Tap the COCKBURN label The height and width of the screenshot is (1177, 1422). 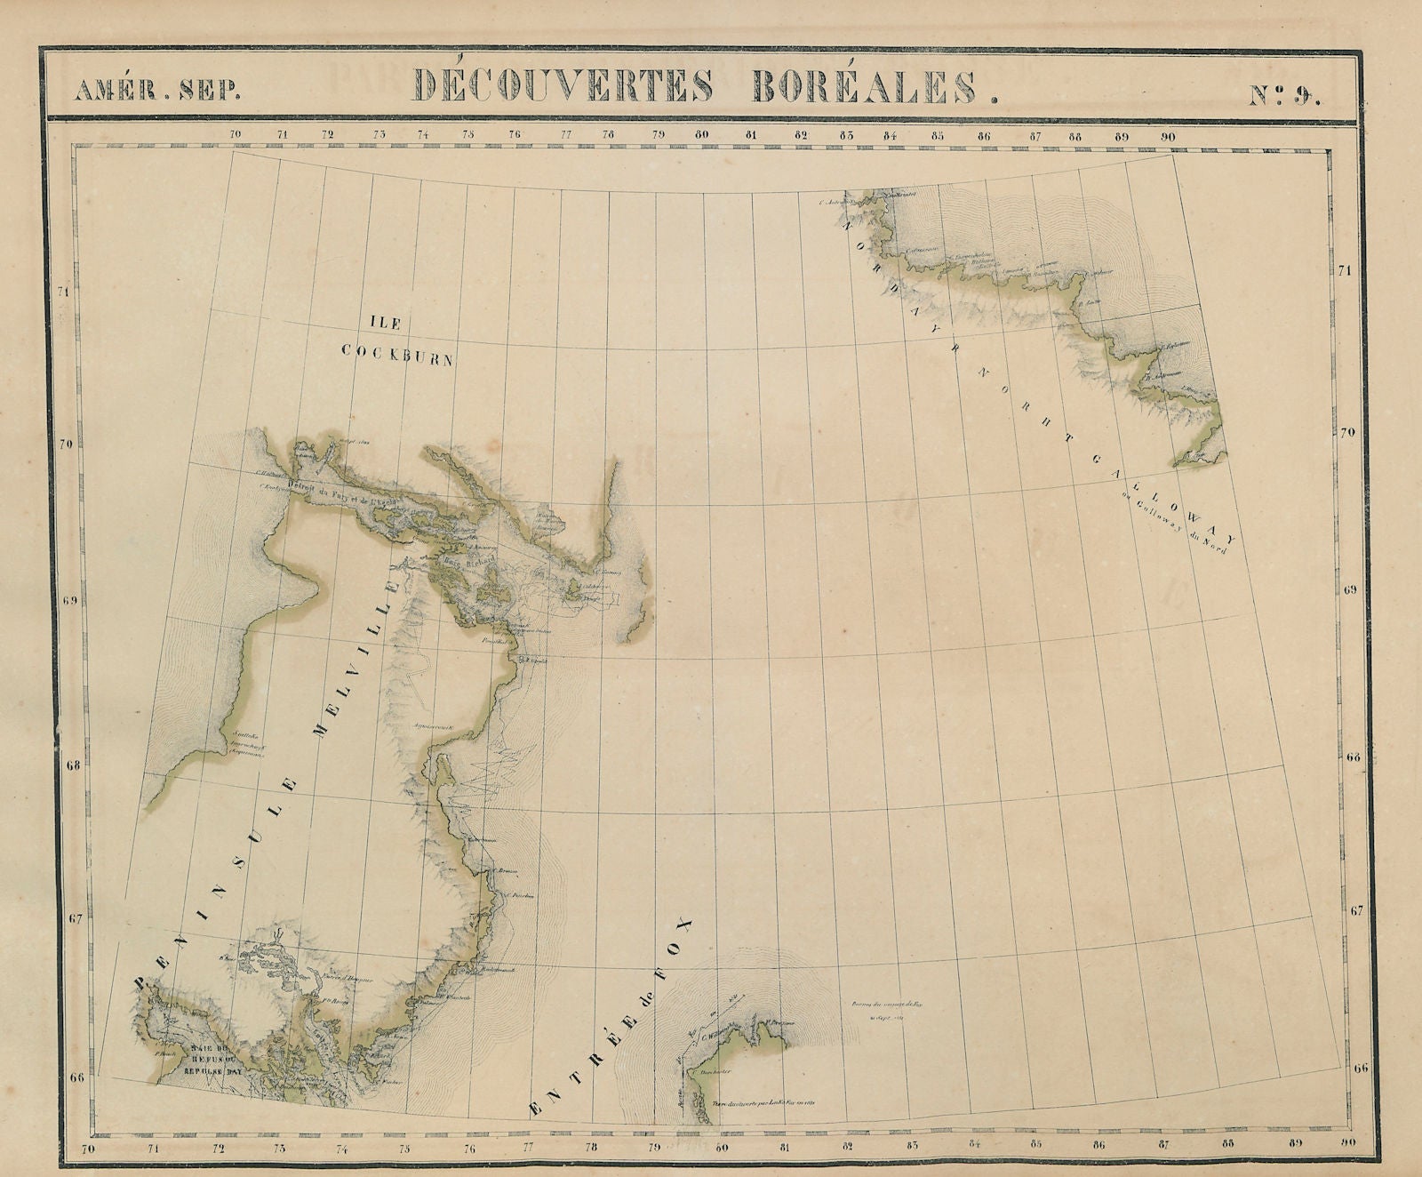398,354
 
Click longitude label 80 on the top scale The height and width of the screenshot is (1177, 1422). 703,136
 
